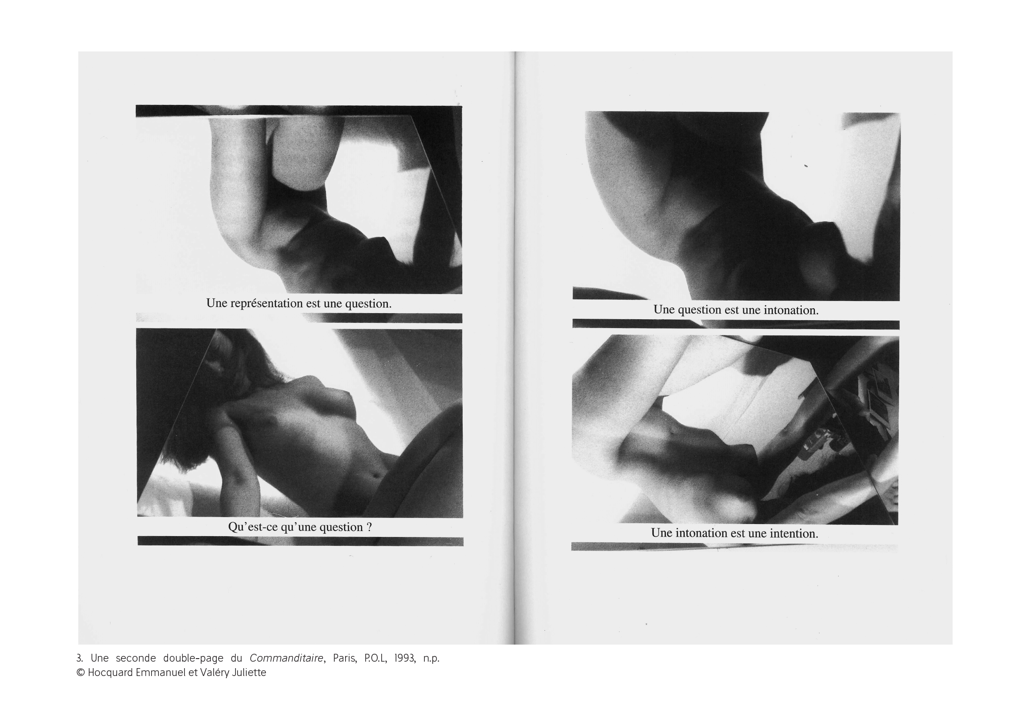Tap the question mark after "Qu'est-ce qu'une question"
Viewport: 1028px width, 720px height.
369,527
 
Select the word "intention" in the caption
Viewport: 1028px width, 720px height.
793,533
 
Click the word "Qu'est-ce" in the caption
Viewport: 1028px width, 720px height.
252,527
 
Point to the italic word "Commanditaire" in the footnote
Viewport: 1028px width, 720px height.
286,658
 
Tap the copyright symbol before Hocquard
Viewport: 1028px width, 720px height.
81,673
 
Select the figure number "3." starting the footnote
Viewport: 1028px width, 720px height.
79,658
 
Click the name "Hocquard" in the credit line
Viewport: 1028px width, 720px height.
110,673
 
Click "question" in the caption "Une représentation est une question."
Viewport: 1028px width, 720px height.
368,304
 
